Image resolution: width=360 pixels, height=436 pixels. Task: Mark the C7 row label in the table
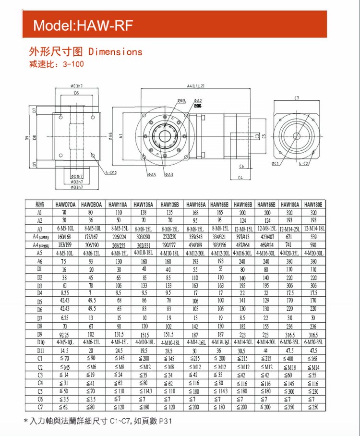pos(39,407)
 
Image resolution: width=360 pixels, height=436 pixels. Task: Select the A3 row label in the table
pos(39,228)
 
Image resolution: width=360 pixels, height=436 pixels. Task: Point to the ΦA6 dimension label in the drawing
pos(110,135)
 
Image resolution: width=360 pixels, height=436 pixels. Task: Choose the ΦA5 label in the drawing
pos(152,174)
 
